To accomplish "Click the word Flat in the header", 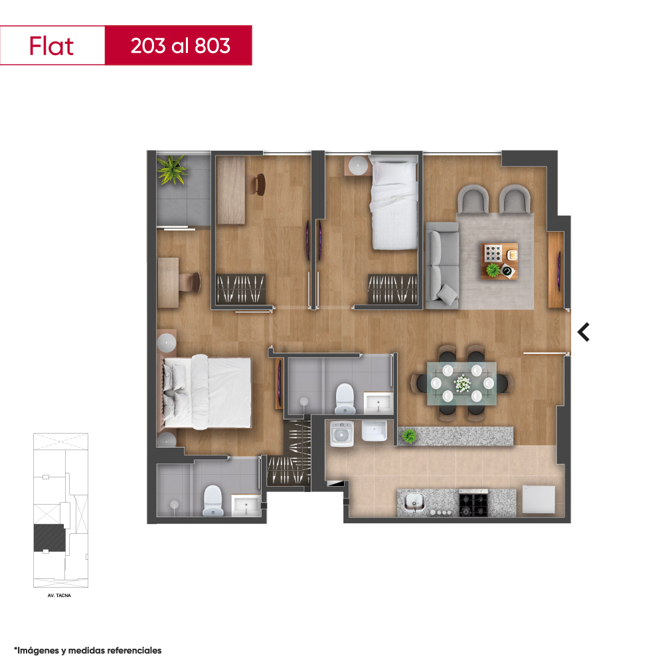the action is (x=51, y=46).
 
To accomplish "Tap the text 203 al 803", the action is (x=181, y=46).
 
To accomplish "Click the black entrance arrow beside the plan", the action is (x=584, y=332).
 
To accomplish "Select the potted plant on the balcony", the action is (x=172, y=170).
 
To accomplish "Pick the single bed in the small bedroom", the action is (x=394, y=203).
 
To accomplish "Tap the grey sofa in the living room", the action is (x=442, y=266).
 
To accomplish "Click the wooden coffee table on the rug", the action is (x=500, y=260).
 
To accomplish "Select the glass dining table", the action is (x=461, y=384).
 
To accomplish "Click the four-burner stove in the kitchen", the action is (x=473, y=503).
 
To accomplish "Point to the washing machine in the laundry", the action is (x=342, y=434).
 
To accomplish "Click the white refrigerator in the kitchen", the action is (x=539, y=499).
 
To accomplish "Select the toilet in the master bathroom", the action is (x=212, y=501).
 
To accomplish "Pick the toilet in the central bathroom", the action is (x=345, y=398).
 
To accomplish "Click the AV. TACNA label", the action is (x=59, y=596).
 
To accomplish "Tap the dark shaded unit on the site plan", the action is (x=50, y=538).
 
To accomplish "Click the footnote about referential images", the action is (x=88, y=650).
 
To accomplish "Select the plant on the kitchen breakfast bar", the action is (x=408, y=436).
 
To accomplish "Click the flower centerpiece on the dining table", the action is (x=462, y=384).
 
